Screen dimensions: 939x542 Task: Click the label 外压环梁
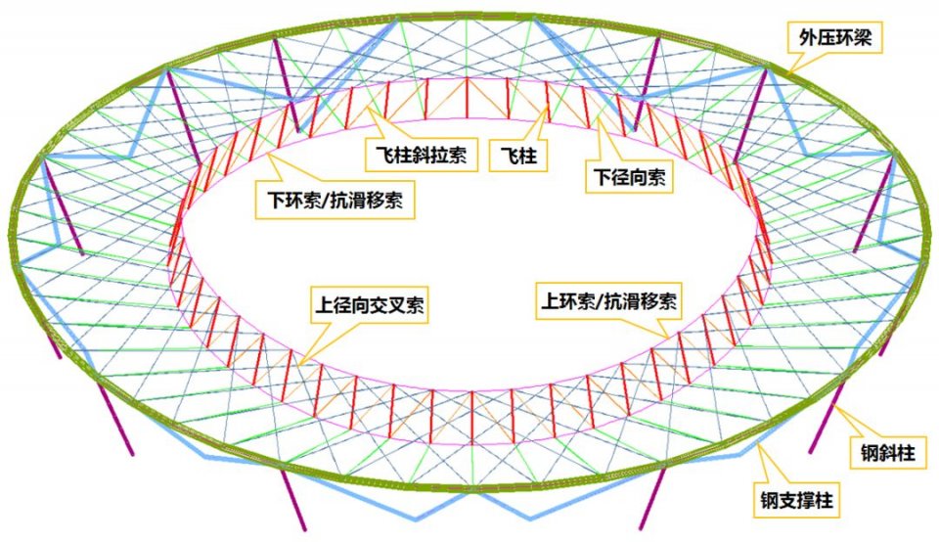[x=834, y=38]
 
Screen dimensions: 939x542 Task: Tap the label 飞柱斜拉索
[x=422, y=156]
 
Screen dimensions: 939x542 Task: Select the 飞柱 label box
[x=518, y=156]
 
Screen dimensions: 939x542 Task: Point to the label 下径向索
[x=629, y=177]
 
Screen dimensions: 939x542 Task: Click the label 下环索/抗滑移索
[x=335, y=200]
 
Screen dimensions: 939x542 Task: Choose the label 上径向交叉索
[x=370, y=305]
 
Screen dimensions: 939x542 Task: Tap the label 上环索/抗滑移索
[x=608, y=300]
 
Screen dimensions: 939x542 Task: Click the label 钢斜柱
[x=887, y=452]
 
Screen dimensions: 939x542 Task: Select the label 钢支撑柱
[x=796, y=500]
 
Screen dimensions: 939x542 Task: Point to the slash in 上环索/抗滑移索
[x=600, y=301]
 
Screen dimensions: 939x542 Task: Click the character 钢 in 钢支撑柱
[x=770, y=501]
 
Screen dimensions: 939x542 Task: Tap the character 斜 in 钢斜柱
[x=887, y=453]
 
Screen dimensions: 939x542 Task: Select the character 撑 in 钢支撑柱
[x=805, y=501]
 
